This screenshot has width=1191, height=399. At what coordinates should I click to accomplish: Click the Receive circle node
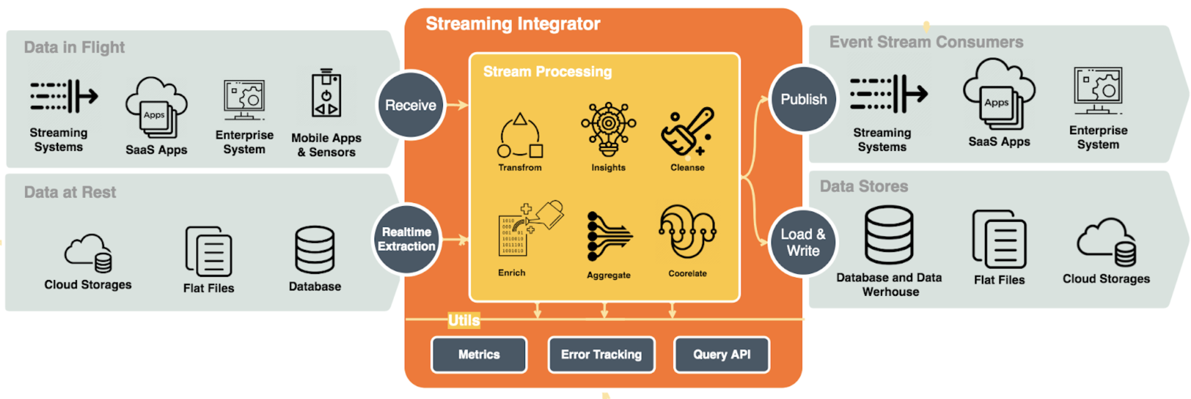410,105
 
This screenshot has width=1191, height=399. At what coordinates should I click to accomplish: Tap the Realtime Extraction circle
406,239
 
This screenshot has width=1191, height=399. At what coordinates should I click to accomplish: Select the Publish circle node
803,99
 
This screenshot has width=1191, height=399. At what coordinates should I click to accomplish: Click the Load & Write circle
803,242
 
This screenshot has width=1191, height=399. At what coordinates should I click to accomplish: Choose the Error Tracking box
601,354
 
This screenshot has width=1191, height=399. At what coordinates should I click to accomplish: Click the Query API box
721,354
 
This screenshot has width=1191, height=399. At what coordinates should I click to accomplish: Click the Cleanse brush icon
687,132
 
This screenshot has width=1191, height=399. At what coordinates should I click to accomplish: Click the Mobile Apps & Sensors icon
326,94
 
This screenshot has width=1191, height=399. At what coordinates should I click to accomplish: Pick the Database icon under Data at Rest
315,250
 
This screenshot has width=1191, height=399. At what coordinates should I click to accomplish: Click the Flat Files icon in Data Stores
999,239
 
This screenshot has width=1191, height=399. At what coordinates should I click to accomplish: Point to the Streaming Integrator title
513,24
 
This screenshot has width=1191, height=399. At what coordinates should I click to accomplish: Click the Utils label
464,320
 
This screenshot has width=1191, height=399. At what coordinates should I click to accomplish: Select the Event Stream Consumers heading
926,42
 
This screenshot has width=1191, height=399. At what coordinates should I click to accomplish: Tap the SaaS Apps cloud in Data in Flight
156,108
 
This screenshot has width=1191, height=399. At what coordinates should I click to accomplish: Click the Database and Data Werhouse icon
889,235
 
